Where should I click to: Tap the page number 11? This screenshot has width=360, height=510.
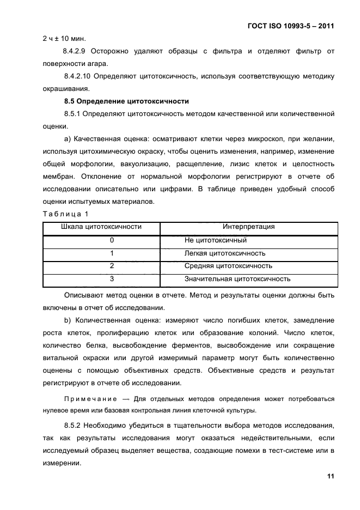[x=330, y=476]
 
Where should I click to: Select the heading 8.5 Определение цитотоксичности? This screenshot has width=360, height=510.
[x=126, y=101]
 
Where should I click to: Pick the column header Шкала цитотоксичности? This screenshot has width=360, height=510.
[x=101, y=227]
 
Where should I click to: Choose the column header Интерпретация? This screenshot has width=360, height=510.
[x=248, y=227]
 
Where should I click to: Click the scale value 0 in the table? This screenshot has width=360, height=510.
[x=112, y=240]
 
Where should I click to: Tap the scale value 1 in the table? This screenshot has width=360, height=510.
[x=112, y=253]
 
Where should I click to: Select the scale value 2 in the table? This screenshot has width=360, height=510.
[x=112, y=266]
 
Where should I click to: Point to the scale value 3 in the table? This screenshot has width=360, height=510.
[x=112, y=280]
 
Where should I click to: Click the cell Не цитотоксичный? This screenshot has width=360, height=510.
[x=216, y=240]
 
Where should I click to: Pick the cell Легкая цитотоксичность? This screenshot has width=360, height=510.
[x=225, y=253]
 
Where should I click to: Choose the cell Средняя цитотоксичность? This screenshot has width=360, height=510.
[x=228, y=266]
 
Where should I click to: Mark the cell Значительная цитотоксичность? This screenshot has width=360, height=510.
[x=237, y=280]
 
